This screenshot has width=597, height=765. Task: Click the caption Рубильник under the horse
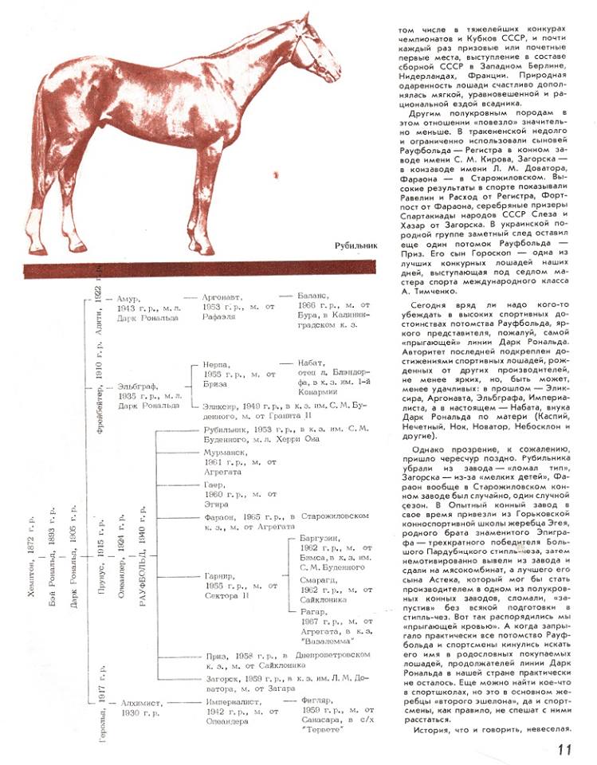point(355,246)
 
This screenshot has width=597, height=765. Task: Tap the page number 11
point(565,748)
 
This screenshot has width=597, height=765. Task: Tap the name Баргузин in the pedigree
point(321,539)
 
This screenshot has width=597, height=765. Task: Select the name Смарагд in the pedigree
point(318,581)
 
